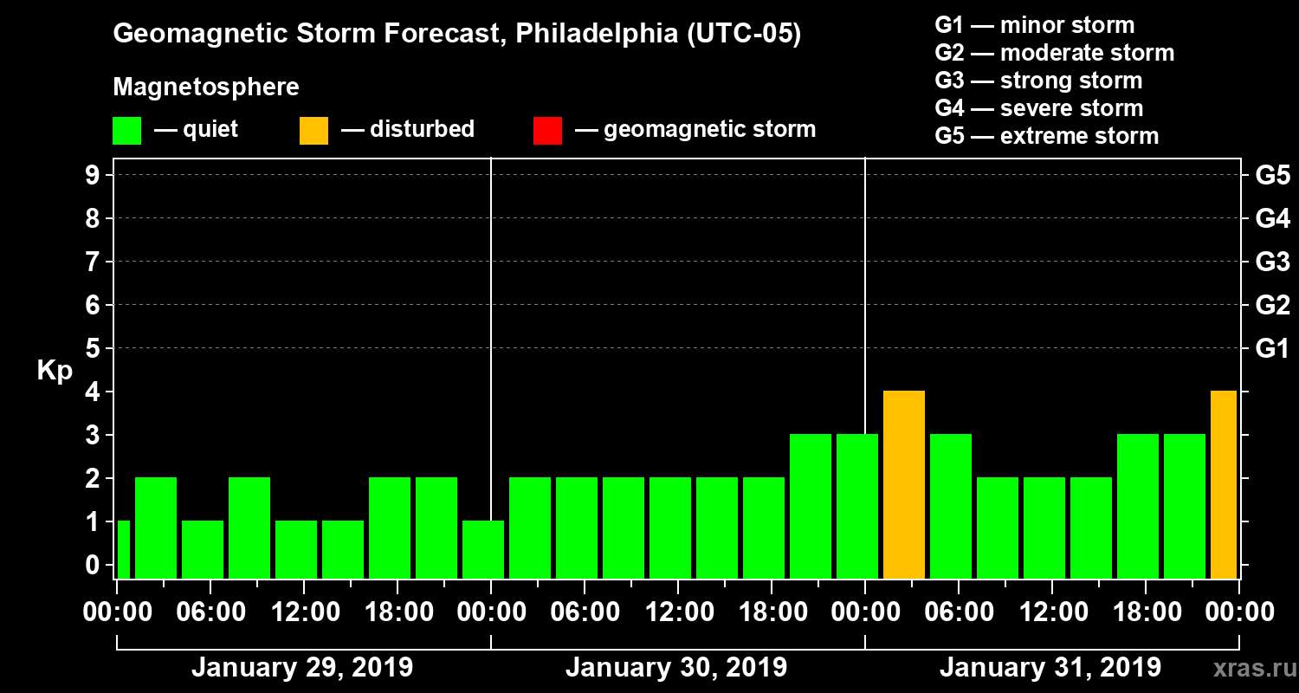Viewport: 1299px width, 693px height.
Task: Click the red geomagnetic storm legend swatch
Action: [548, 130]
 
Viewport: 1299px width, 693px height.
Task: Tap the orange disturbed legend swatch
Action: [313, 130]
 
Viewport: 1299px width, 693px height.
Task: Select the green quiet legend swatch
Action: [126, 130]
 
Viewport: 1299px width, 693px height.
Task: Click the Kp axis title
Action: [55, 371]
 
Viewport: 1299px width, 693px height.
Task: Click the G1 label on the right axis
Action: [1272, 349]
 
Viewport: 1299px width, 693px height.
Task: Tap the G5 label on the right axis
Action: [1272, 176]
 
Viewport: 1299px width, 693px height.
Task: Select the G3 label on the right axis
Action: [1272, 262]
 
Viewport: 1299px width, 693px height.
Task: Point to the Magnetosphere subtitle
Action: [206, 87]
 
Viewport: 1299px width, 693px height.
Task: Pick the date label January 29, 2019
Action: [302, 668]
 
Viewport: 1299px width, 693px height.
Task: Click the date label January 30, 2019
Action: [676, 668]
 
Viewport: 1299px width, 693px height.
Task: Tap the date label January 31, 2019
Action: [1050, 668]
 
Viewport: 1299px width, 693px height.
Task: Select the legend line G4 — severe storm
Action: [1039, 108]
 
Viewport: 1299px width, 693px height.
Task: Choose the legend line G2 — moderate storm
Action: [1055, 53]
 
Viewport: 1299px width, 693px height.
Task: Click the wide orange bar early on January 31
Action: [904, 484]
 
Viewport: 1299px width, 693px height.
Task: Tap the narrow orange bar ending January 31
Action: [1224, 484]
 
